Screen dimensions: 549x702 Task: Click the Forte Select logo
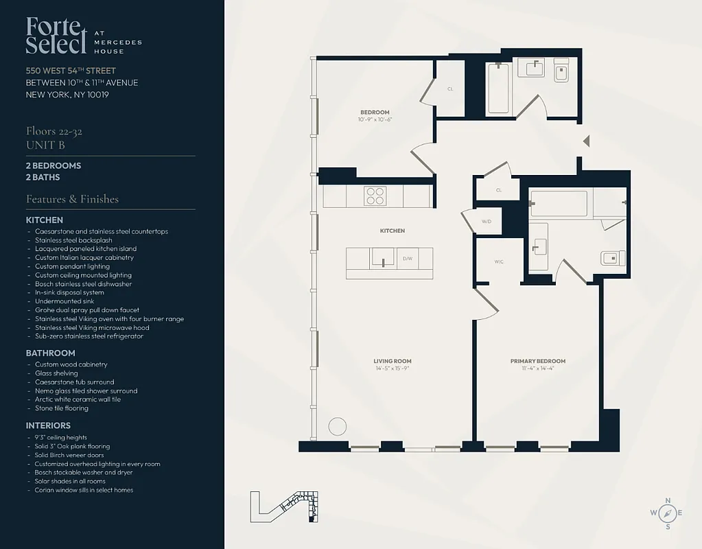(57, 35)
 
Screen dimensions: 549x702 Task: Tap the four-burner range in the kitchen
(375, 196)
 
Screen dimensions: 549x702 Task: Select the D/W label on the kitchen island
(407, 259)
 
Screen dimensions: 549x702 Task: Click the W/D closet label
(487, 222)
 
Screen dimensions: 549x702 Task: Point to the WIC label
(499, 261)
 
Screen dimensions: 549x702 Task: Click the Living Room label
(393, 361)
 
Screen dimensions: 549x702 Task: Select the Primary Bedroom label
(537, 361)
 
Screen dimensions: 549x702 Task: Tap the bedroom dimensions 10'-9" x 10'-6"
(375, 120)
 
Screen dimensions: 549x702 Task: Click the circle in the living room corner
(337, 426)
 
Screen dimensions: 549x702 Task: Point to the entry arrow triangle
(585, 141)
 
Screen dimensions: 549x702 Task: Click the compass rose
(667, 513)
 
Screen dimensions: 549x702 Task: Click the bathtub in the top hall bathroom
(498, 88)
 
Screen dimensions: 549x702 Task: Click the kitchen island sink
(380, 257)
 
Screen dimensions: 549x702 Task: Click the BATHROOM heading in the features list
(51, 353)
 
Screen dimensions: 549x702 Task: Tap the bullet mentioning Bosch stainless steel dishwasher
(83, 283)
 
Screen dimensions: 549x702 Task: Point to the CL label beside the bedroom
(450, 89)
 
